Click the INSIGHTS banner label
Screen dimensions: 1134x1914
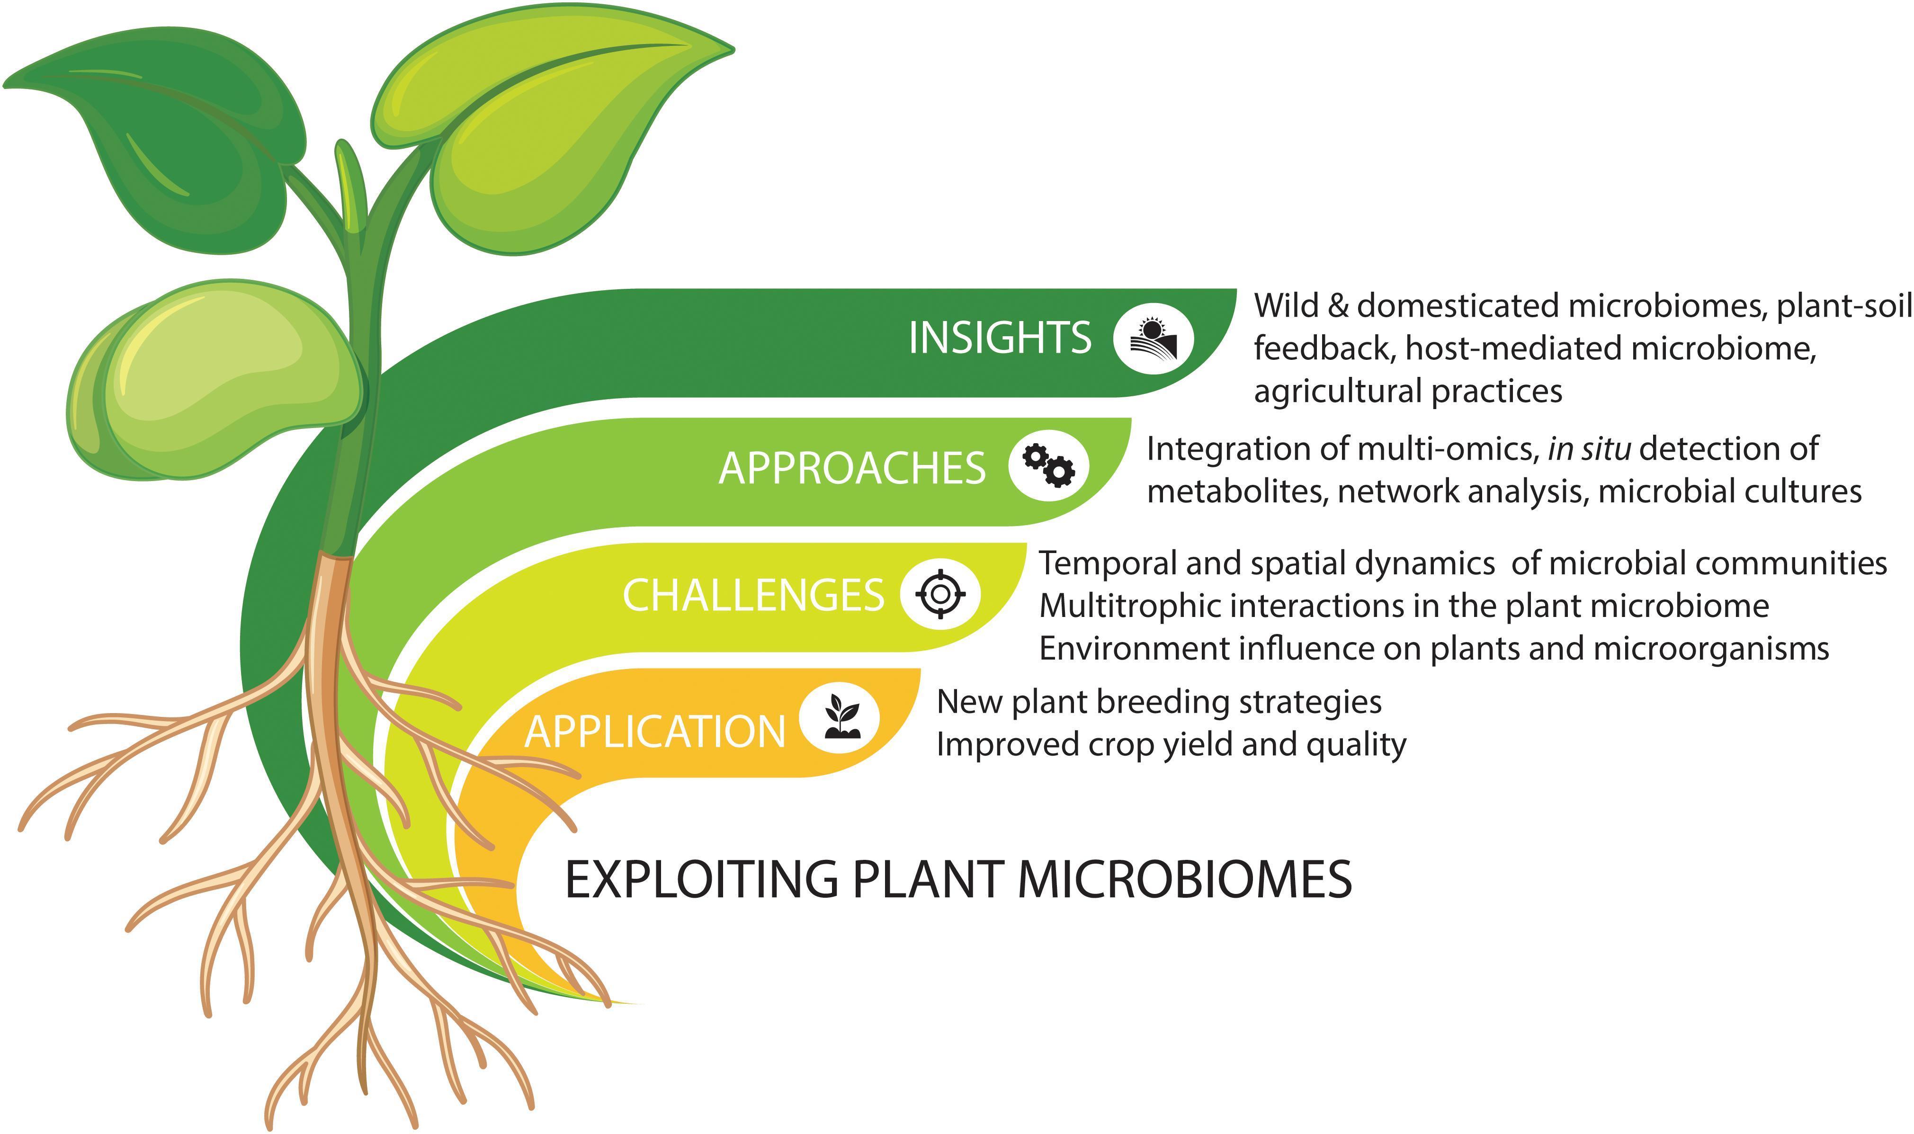coord(1000,338)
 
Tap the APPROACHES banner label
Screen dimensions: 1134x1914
coord(852,468)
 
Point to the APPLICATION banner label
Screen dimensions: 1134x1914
coord(655,731)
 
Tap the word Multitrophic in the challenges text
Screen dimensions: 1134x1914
coord(1135,607)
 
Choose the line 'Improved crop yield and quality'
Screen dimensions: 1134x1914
coord(1171,744)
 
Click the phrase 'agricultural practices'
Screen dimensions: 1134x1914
coord(1407,391)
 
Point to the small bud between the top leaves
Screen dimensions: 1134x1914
coord(351,183)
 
